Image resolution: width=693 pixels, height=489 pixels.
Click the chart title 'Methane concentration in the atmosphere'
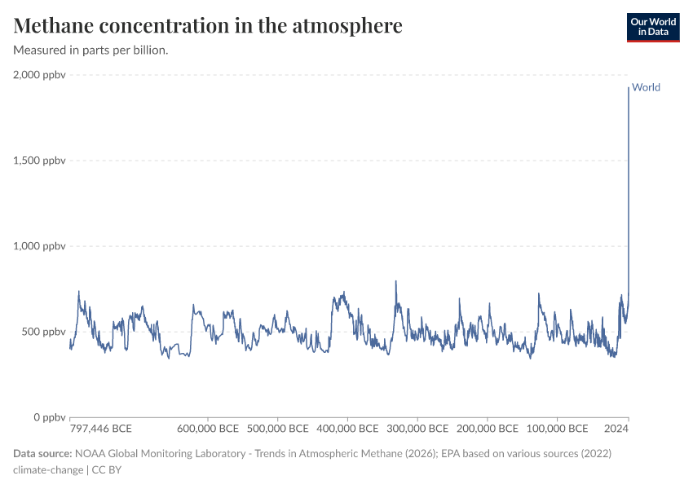tap(208, 26)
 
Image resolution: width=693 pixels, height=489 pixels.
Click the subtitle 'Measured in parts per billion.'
tap(90, 51)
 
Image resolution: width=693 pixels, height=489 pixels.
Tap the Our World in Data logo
tap(652, 27)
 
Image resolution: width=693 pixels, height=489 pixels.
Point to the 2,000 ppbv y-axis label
tap(39, 75)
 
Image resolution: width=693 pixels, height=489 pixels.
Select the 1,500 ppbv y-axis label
tap(39, 161)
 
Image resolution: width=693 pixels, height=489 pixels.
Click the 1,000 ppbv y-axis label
tap(39, 246)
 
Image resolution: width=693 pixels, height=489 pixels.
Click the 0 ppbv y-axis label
tap(48, 417)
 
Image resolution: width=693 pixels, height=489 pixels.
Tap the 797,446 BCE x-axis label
tap(101, 429)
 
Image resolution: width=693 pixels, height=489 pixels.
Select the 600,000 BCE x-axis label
tap(208, 429)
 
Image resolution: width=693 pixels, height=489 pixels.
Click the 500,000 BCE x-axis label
tap(277, 429)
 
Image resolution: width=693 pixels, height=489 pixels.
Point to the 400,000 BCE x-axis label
tap(347, 429)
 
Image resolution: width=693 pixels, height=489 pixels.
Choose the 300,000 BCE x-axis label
tap(417, 429)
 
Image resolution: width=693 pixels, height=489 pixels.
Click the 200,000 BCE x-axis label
tap(487, 429)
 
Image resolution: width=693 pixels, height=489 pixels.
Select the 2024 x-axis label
tap(616, 429)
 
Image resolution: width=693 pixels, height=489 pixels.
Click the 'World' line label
tap(646, 88)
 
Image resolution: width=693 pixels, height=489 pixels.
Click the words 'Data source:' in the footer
tap(42, 453)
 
